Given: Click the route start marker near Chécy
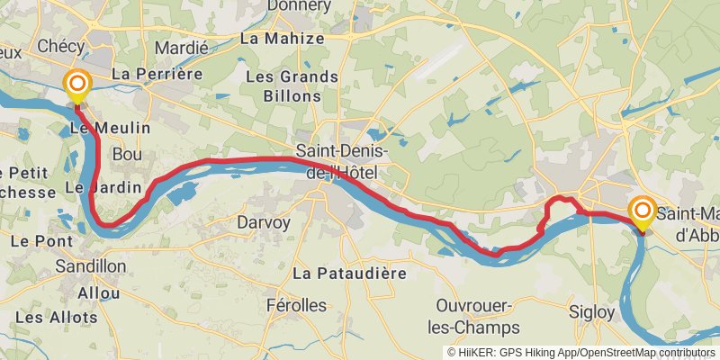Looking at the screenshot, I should click(x=78, y=85).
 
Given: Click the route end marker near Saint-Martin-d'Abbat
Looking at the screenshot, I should click(x=643, y=211).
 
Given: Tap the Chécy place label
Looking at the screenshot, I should click(x=61, y=46).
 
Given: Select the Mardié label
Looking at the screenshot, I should click(x=182, y=48).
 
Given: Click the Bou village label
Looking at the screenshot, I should click(x=127, y=156).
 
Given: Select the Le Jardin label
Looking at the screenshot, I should click(x=103, y=188).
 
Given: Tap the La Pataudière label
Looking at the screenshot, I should click(x=350, y=272).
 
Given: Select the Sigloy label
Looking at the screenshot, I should click(x=592, y=312).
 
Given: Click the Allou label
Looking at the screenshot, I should click(x=99, y=293).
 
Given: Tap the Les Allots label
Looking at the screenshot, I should click(x=56, y=318).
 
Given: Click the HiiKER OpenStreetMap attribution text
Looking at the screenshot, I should click(x=580, y=352).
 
